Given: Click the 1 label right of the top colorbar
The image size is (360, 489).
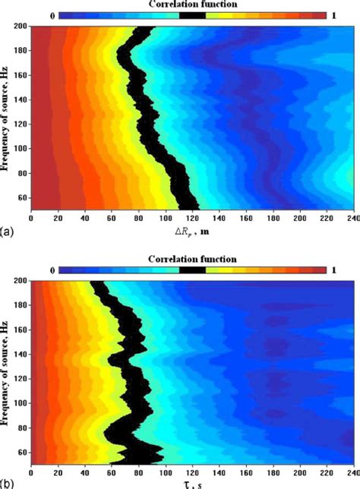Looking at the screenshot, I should point(336,15).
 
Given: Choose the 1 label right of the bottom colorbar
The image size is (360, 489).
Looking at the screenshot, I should point(336,269).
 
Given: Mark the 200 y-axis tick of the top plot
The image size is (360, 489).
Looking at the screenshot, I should point(21,27).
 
